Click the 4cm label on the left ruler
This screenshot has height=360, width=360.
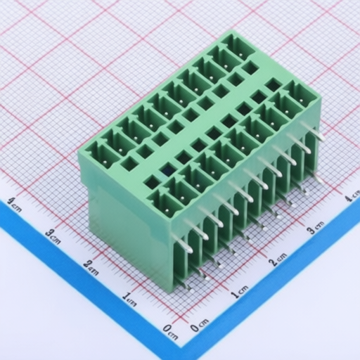(x=14, y=205)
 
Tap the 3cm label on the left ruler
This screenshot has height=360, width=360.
(x=53, y=236)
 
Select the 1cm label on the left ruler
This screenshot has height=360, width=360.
(x=129, y=300)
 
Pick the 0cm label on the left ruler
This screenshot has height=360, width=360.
(x=170, y=332)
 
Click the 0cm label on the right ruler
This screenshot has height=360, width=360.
(x=199, y=325)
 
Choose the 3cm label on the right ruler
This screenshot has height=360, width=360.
(x=315, y=227)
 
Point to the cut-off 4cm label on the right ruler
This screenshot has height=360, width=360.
(x=353, y=196)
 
